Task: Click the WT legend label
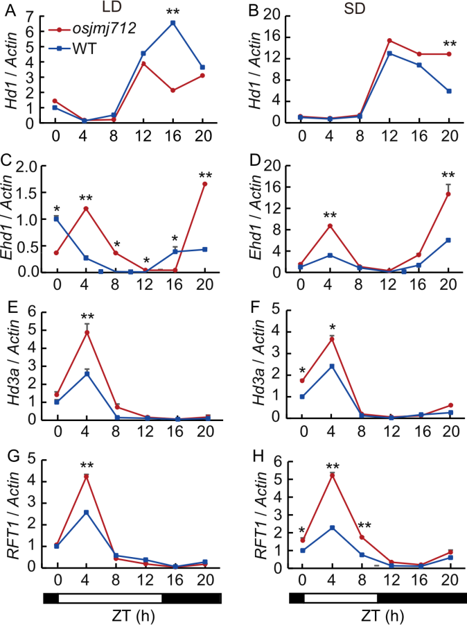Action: click(84, 49)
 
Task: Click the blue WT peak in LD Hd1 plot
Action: click(173, 23)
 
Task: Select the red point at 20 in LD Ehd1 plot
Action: click(205, 184)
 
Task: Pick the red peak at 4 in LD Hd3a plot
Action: click(87, 332)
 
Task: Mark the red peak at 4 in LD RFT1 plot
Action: click(87, 477)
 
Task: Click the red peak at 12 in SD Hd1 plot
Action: click(389, 40)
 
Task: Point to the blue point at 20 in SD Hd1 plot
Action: click(450, 91)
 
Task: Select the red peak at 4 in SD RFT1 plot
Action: click(333, 475)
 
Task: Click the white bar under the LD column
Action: click(110, 598)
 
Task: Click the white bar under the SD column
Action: click(340, 598)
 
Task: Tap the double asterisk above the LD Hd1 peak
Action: click(173, 12)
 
